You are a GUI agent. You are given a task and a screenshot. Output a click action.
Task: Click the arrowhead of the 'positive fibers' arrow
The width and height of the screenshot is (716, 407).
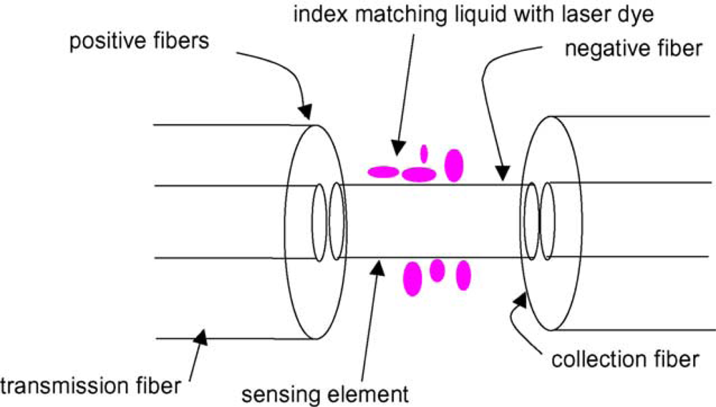point(306,110)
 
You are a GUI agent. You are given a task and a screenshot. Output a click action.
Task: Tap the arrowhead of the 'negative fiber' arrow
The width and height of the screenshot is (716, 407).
point(503,173)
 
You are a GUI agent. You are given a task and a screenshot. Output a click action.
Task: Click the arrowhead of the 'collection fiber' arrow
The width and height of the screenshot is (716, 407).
point(518,298)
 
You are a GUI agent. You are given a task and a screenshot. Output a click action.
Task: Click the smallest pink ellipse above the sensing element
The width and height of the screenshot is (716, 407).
point(423,153)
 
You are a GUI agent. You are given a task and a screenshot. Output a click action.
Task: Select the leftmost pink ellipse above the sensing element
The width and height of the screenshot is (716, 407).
point(383,171)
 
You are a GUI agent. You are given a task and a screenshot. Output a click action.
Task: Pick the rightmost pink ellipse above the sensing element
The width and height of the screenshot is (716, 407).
point(453,165)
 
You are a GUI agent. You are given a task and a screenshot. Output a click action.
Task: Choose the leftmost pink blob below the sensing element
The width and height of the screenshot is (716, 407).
point(412,279)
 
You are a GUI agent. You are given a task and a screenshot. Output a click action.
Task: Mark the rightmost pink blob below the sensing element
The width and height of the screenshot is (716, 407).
point(463,275)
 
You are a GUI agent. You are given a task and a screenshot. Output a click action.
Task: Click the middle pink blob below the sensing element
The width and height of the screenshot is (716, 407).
point(437,270)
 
